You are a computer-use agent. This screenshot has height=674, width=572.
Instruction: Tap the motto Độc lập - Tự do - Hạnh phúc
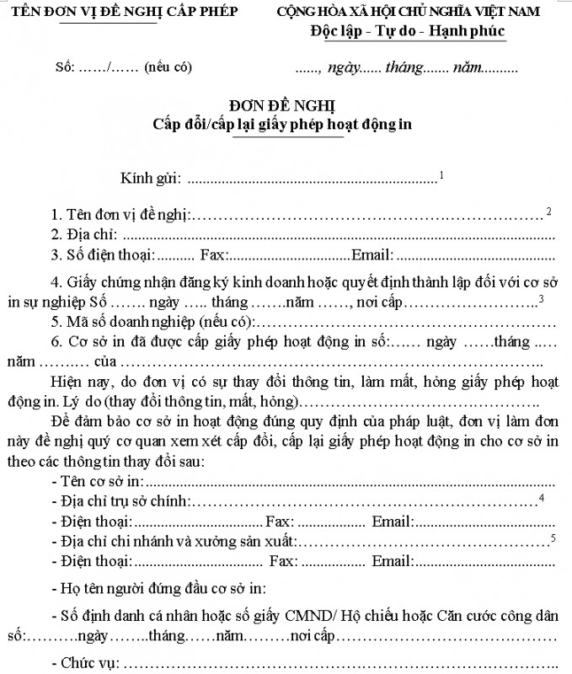click(407, 32)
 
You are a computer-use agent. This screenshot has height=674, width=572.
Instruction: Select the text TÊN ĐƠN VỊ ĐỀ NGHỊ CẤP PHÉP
click(119, 11)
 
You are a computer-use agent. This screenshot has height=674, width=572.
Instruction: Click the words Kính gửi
click(151, 179)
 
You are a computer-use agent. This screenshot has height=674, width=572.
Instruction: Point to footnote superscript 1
click(442, 174)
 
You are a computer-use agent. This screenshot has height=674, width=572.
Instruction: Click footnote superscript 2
click(548, 210)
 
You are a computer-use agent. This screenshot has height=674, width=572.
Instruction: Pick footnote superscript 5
click(553, 537)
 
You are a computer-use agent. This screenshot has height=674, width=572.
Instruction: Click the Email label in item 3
click(372, 254)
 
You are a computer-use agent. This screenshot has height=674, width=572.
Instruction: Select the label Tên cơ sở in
click(96, 482)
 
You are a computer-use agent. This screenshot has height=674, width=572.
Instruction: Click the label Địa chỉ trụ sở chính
click(120, 502)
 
